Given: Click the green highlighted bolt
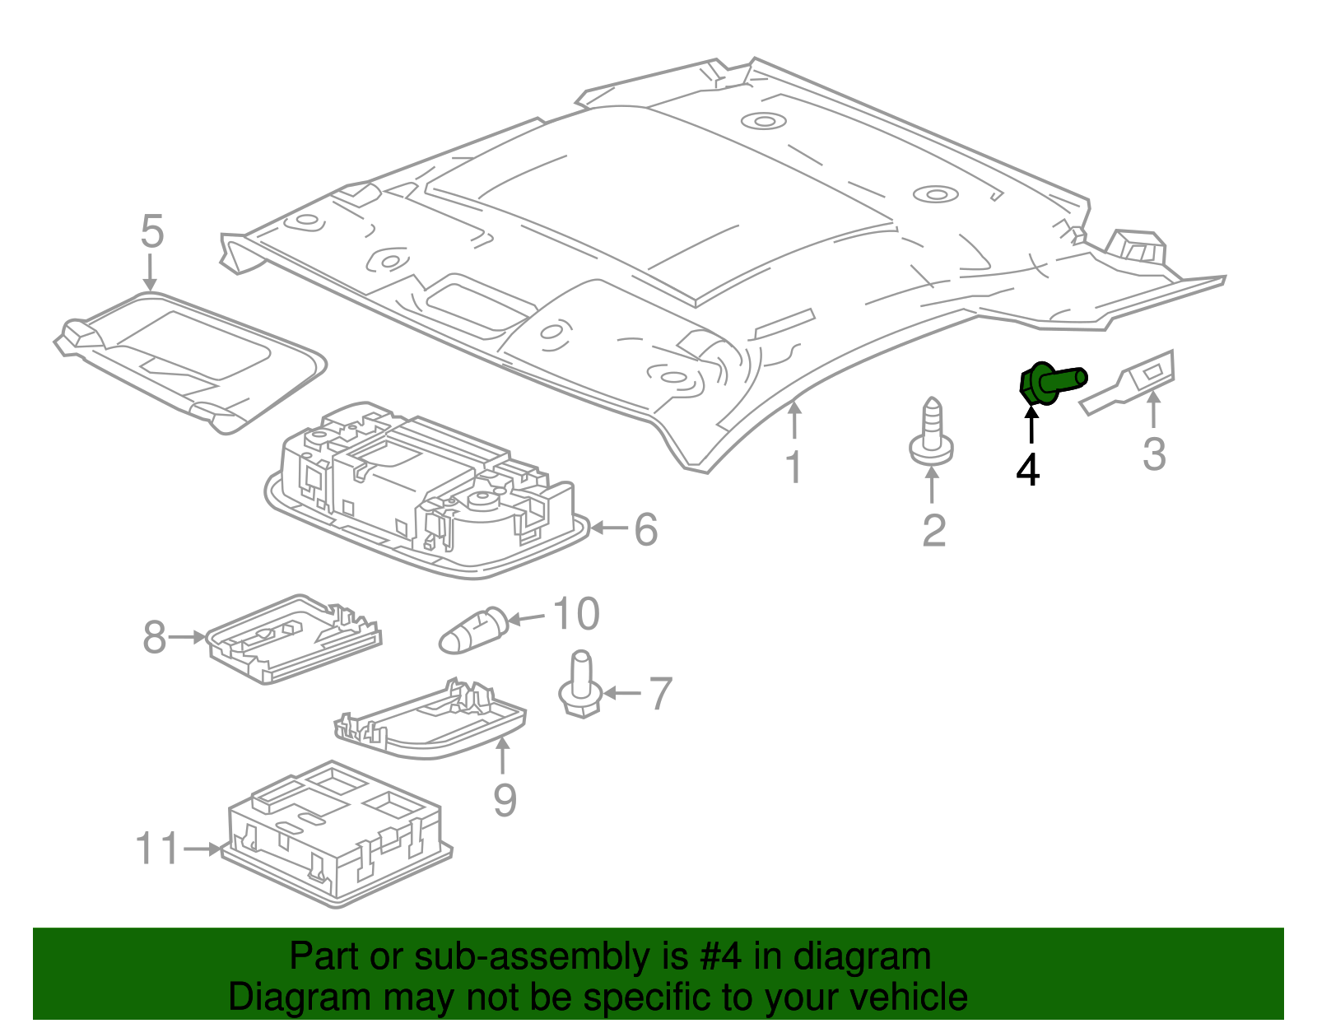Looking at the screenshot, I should (1049, 383).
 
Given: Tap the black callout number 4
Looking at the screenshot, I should (1028, 470).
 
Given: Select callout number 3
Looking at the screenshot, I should (1154, 454).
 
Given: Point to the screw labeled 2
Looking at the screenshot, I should (931, 433).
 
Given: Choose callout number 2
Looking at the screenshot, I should (933, 531).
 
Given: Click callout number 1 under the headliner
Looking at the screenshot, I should (793, 467).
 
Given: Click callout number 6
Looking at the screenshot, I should (646, 529).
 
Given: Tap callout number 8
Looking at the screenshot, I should (154, 637).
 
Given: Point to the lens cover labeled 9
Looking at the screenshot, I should (432, 721).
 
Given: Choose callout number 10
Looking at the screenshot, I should (575, 614).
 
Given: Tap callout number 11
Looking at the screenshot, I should (156, 849).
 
